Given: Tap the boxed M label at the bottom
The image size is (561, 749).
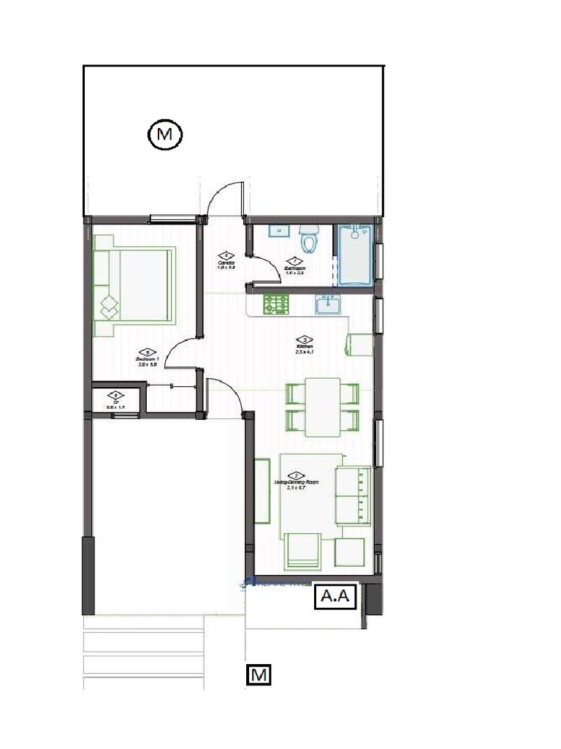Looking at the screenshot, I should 258,674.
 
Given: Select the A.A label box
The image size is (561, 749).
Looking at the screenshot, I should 334,597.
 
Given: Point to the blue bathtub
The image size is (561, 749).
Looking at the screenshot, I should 355,255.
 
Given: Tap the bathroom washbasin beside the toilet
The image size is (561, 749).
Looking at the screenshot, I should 278,231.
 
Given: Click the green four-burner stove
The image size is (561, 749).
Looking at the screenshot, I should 277,304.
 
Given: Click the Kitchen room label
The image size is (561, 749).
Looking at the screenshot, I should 304,345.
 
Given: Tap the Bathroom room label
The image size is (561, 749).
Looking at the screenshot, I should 294,268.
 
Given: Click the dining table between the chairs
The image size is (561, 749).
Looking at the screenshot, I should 322,406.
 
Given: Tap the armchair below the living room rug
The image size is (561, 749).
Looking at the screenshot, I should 302,551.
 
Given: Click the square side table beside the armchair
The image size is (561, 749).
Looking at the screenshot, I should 351,552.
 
